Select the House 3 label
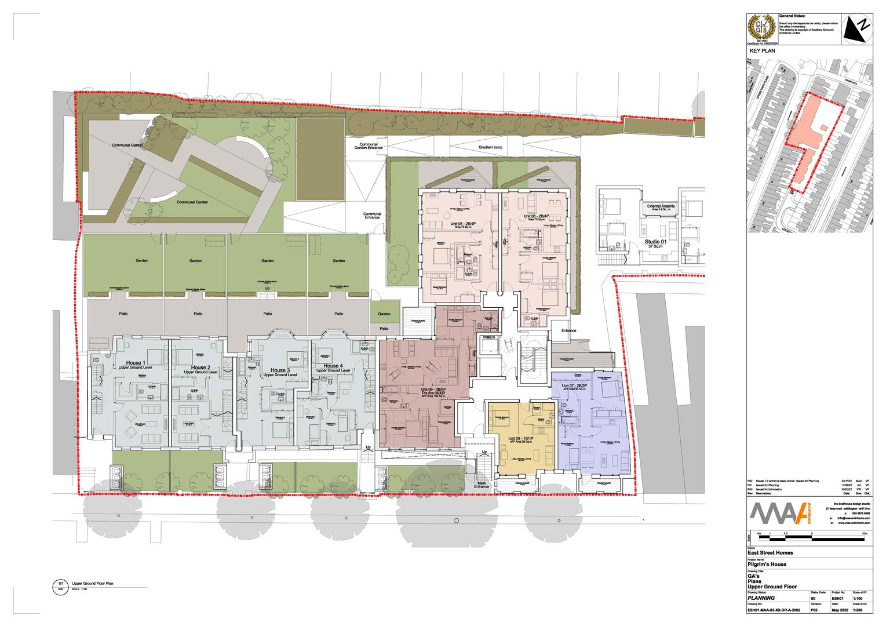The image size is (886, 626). tap(280, 370)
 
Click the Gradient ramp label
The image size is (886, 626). tap(490, 147)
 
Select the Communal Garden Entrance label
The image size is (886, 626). tap(369, 146)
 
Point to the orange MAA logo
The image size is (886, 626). tap(779, 514)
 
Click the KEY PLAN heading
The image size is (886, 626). tap(762, 51)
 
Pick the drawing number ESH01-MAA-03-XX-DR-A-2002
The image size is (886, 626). tap(777, 610)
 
